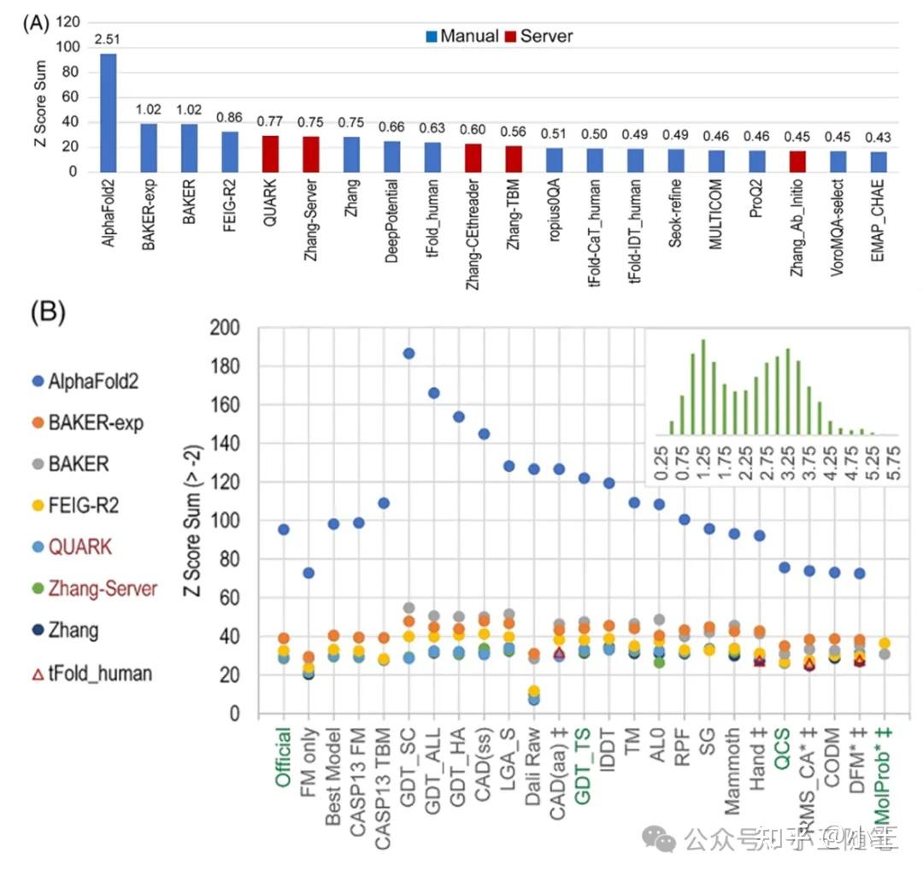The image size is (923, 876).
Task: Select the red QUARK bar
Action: tap(270, 154)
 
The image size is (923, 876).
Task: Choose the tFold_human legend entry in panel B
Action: tap(89, 673)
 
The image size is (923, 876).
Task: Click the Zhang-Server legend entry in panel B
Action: tap(89, 589)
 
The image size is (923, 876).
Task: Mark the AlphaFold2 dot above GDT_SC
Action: tap(409, 354)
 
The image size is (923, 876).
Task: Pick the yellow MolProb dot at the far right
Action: tap(885, 644)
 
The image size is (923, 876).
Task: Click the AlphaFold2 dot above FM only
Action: tap(309, 573)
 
